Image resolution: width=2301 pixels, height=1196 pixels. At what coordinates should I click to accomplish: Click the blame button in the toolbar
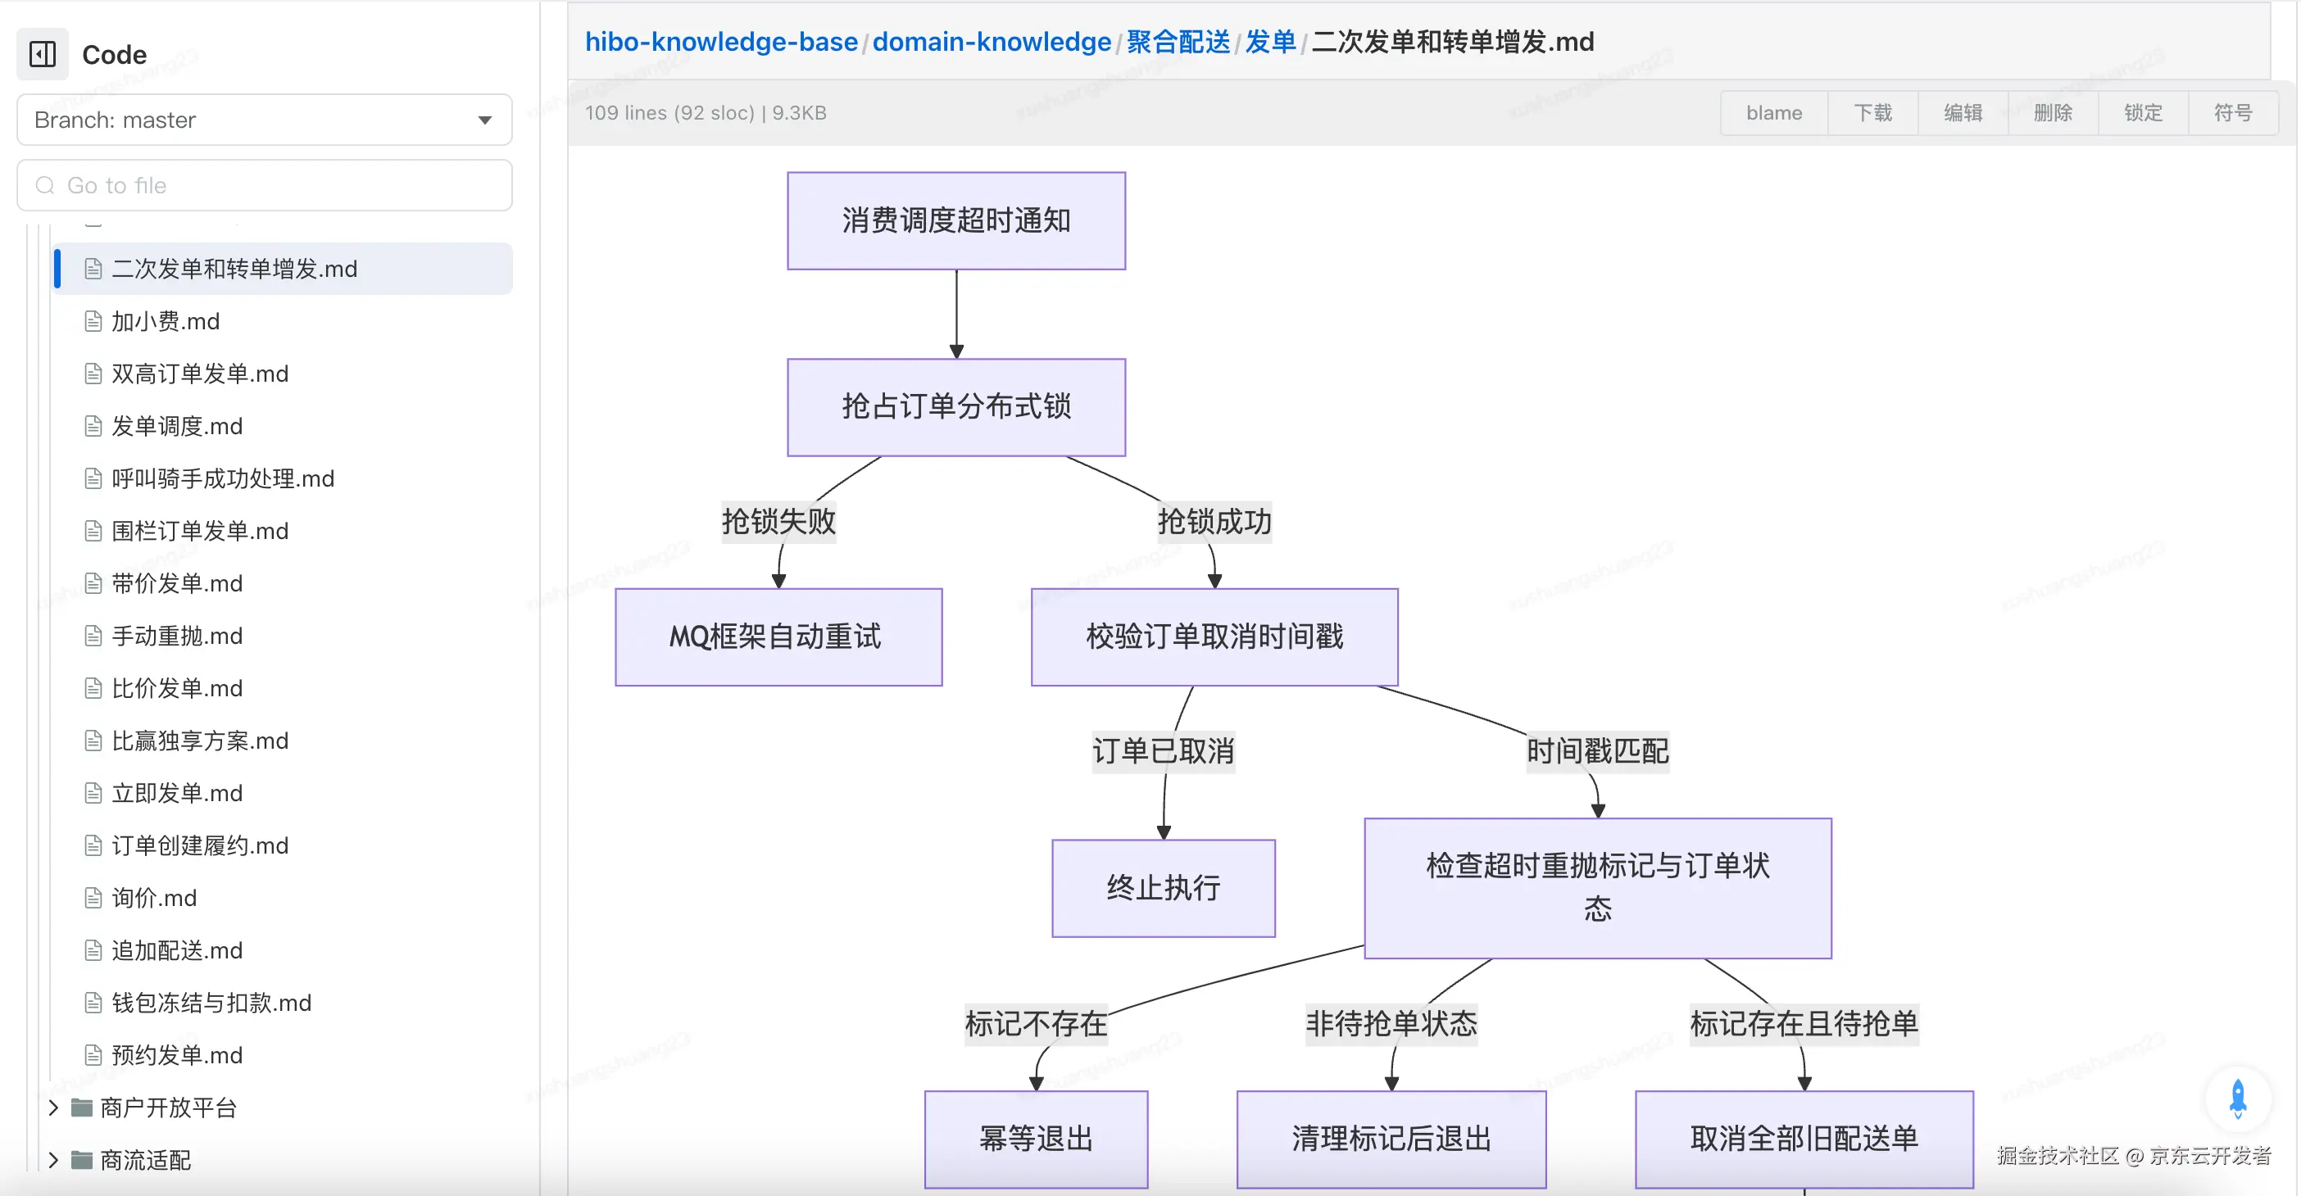[1773, 112]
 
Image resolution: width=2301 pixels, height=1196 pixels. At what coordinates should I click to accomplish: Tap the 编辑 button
[1963, 112]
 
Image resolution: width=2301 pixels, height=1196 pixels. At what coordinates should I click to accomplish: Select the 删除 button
[2053, 112]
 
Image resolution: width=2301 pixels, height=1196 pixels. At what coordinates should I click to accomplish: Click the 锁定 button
[2143, 112]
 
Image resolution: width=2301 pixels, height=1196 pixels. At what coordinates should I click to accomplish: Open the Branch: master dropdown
[265, 120]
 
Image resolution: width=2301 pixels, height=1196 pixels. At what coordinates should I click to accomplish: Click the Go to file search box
[265, 185]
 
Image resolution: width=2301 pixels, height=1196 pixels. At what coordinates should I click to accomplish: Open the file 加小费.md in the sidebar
[166, 322]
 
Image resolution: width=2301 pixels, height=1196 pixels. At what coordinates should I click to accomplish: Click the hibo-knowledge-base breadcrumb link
[721, 41]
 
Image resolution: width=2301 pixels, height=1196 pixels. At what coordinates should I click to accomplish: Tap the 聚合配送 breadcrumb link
[1178, 41]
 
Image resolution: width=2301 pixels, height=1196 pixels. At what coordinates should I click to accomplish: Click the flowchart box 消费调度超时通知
[955, 220]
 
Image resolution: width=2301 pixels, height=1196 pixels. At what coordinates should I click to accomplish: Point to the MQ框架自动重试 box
[778, 637]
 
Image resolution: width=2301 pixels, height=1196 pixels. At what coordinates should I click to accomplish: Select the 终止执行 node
[1163, 888]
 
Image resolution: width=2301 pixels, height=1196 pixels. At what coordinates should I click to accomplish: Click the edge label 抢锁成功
[1214, 521]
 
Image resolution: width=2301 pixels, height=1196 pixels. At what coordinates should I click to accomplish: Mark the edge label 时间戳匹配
[1597, 750]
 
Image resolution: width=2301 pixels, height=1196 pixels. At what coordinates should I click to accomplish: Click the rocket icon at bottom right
[2238, 1098]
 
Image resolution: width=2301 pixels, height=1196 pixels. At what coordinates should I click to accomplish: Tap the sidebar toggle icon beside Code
[42, 55]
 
